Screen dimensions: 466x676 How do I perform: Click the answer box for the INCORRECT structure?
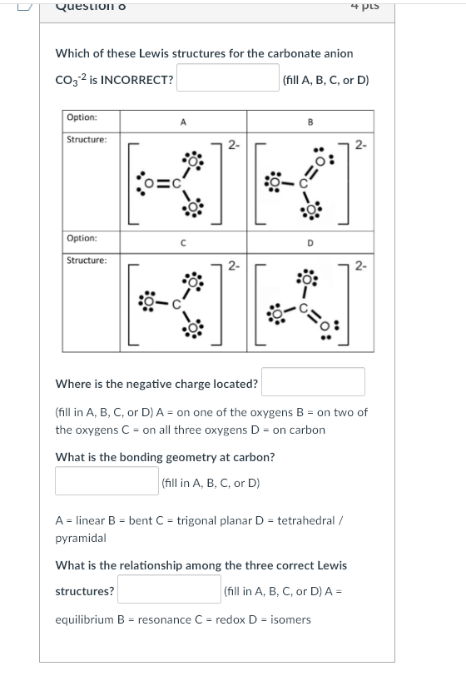226,80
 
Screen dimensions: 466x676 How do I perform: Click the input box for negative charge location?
314,382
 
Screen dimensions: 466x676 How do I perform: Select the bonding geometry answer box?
106,481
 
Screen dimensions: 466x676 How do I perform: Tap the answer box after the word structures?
168,590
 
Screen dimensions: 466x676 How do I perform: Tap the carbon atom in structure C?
176,306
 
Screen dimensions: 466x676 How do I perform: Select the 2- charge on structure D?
361,266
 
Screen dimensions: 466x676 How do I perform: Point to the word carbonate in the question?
284,53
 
